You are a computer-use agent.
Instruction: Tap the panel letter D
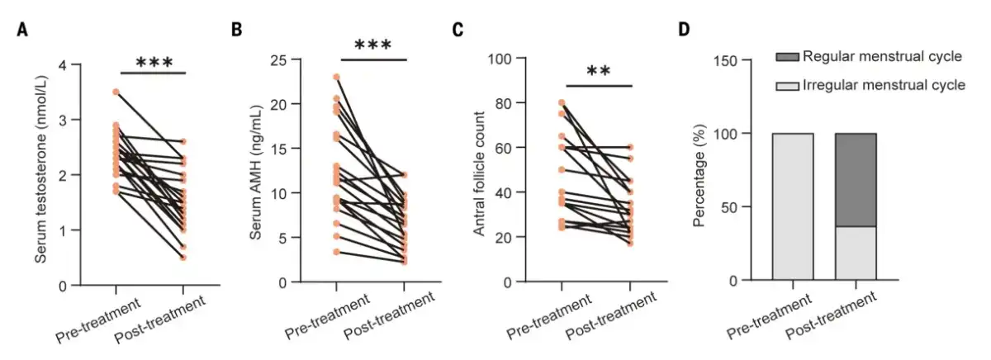684,31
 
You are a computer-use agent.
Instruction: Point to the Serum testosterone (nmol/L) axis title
40,174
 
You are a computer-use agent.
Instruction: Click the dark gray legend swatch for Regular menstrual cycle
787,57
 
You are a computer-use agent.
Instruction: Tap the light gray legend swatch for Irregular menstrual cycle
787,85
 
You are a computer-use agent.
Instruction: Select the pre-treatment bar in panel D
792,206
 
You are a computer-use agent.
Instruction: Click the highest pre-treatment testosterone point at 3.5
116,92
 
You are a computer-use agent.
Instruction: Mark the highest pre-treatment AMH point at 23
336,78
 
